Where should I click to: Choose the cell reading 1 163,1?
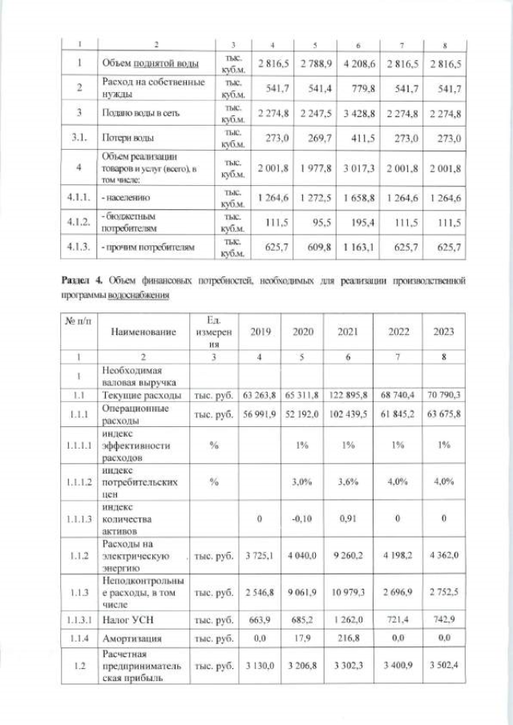pos(358,247)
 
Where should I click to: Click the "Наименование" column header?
pos(143,331)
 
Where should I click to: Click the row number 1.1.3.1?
pos(76,620)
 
